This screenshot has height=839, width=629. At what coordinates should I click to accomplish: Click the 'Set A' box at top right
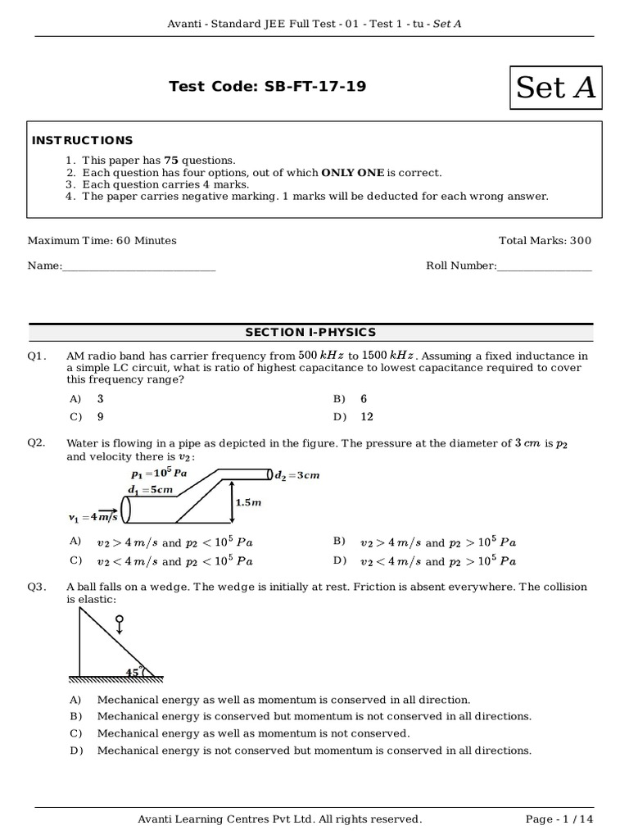(x=555, y=87)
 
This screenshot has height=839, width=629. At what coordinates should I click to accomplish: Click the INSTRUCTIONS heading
(x=82, y=140)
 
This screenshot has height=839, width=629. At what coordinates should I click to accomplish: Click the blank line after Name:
(x=139, y=265)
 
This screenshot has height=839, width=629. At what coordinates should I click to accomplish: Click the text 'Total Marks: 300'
(x=545, y=241)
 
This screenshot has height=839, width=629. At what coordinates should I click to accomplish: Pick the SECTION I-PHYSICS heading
(x=310, y=332)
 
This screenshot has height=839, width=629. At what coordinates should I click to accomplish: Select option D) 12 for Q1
(x=355, y=416)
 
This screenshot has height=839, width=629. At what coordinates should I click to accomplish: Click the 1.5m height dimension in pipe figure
(x=247, y=502)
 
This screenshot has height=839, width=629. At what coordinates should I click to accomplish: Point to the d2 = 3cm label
(x=296, y=475)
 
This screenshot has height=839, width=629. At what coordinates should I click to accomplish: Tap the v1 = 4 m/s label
(x=93, y=517)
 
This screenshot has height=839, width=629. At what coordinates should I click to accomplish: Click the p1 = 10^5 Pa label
(x=161, y=474)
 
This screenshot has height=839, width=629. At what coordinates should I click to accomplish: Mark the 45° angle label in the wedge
(x=132, y=672)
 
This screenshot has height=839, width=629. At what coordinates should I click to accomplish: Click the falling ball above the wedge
(x=120, y=620)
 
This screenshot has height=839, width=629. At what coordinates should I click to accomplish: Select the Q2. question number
(x=36, y=443)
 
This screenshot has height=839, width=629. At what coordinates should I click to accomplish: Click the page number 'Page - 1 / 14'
(x=558, y=819)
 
